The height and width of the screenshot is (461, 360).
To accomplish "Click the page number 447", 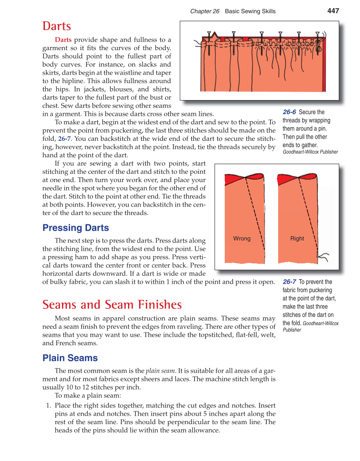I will click(x=333, y=11).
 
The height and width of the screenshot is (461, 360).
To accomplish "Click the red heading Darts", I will click(x=56, y=26).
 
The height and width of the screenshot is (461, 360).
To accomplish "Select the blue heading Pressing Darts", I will click(x=75, y=228).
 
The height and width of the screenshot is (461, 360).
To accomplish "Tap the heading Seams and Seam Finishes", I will click(x=112, y=305).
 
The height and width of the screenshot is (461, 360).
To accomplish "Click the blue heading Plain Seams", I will click(x=70, y=358).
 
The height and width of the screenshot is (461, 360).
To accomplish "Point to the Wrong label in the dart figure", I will click(x=242, y=238).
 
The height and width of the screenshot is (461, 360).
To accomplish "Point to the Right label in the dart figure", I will click(x=297, y=238).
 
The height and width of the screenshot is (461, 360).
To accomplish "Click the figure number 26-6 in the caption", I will click(x=289, y=112).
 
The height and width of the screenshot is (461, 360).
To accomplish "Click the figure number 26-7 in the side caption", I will click(x=289, y=282).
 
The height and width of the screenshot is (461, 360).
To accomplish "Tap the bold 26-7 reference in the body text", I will click(x=64, y=139).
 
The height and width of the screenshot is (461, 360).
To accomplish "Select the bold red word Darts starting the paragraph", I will click(x=63, y=40).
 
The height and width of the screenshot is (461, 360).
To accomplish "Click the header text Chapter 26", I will click(x=205, y=11).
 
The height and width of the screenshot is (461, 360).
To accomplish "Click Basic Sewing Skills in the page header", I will click(x=250, y=11).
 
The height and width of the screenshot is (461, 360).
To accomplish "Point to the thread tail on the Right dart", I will click(x=324, y=257).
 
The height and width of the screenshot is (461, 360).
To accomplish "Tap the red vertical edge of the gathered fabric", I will click(x=324, y=68).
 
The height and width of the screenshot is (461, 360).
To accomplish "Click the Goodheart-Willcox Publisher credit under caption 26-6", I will click(x=310, y=152).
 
